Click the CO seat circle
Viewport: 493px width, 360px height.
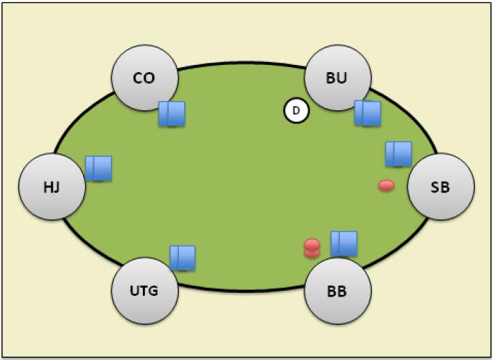point(144,78)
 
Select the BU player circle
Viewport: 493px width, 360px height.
point(337,78)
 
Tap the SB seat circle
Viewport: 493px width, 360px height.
point(440,187)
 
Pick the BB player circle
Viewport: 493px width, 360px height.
point(337,292)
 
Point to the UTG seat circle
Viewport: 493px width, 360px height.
point(144,292)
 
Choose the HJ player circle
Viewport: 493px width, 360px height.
point(51,188)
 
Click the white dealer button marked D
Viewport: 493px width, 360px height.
point(296,111)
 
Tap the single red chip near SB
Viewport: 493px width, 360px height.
point(386,186)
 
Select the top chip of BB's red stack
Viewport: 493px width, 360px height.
point(312,245)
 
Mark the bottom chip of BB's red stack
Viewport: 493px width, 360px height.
point(312,253)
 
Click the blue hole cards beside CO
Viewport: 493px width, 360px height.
point(172,114)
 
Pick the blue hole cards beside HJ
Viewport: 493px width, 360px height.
point(98,168)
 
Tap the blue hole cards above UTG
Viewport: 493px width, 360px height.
point(183,258)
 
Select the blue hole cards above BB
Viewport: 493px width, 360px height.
point(344,243)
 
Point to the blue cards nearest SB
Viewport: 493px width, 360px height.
point(398,154)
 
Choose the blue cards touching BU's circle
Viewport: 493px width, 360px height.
point(367,113)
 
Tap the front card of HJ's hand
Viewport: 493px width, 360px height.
point(102,168)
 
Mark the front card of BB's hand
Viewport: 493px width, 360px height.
point(347,243)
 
